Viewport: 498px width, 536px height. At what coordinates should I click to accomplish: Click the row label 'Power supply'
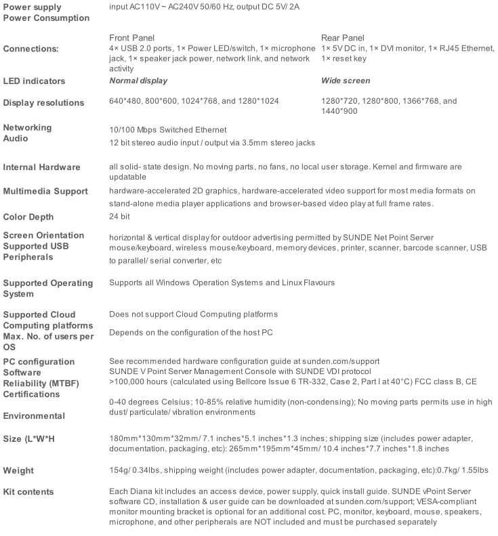point(32,7)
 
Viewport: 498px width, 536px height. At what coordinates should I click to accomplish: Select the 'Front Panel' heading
point(131,38)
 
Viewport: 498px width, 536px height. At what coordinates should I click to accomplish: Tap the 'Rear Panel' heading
point(342,38)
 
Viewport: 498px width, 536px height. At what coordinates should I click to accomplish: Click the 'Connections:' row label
point(30,49)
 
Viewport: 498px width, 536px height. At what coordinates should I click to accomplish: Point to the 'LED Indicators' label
point(34,81)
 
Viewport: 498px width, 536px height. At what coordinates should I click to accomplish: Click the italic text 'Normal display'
point(138,81)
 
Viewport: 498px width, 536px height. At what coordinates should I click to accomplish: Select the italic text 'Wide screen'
point(346,81)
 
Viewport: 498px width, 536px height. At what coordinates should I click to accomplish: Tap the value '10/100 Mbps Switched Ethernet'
point(168,129)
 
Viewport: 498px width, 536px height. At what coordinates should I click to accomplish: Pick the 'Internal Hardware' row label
point(42,167)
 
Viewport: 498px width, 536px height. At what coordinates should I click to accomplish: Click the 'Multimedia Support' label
point(45,192)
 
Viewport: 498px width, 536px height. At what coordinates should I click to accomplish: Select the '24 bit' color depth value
point(120,217)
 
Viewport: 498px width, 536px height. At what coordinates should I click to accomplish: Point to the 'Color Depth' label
point(28,217)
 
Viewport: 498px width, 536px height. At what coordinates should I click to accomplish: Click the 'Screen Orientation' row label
point(44,235)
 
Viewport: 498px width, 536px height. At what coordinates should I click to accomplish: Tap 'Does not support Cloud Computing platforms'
point(193,314)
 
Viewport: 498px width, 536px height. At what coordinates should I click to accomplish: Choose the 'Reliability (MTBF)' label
point(40,384)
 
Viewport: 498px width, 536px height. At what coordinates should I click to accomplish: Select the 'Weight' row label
point(18,470)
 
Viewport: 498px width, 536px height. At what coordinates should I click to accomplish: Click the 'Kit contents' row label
point(28,491)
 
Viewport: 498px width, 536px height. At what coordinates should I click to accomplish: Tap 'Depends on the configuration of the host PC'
point(191,333)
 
